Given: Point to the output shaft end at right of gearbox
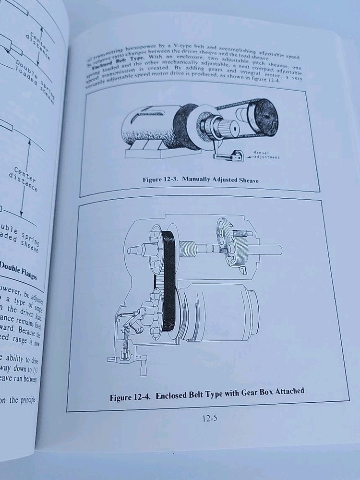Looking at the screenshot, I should pyautogui.click(x=276, y=250).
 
